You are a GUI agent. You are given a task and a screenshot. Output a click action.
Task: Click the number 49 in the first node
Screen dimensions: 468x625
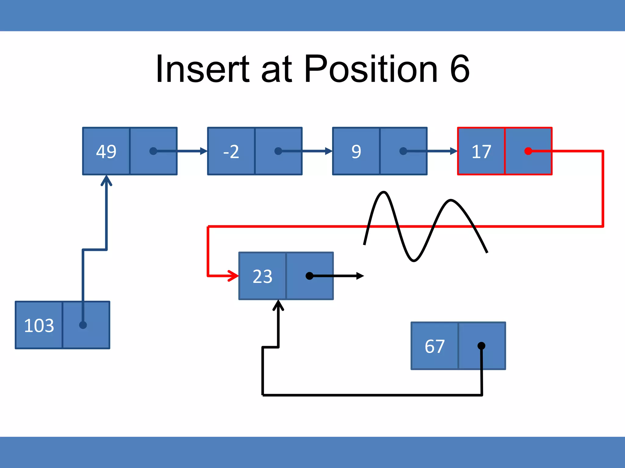tap(106, 151)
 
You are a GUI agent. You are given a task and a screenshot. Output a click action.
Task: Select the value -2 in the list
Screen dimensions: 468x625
tap(231, 151)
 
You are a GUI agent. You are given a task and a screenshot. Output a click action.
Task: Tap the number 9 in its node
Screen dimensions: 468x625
tap(356, 151)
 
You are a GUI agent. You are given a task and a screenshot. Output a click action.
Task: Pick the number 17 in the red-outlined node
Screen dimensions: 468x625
tap(481, 151)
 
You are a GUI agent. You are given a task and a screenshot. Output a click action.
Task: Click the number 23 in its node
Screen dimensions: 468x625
tap(262, 276)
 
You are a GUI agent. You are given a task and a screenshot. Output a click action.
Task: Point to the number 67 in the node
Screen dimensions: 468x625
tap(435, 346)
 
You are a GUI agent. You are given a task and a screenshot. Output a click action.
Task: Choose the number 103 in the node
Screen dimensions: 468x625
tap(39, 325)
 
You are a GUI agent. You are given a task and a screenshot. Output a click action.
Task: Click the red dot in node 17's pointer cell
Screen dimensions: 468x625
tap(528, 151)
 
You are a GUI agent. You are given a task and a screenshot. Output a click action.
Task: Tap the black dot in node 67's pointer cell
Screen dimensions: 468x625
tap(481, 346)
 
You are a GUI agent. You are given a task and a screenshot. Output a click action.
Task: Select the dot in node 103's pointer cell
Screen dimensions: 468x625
tap(83, 325)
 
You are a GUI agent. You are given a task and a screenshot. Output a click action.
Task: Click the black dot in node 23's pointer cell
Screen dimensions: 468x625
tap(309, 276)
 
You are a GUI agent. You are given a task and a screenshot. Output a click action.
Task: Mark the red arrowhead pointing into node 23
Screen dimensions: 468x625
tap(234, 276)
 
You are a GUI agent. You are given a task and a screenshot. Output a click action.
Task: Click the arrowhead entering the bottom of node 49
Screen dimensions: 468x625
tap(106, 180)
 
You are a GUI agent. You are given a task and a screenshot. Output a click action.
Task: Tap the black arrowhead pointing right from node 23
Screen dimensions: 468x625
tap(360, 276)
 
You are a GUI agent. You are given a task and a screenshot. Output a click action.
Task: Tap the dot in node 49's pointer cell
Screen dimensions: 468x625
tap(153, 151)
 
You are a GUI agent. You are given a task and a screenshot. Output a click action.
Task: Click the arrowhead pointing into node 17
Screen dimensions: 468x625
tap(453, 151)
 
